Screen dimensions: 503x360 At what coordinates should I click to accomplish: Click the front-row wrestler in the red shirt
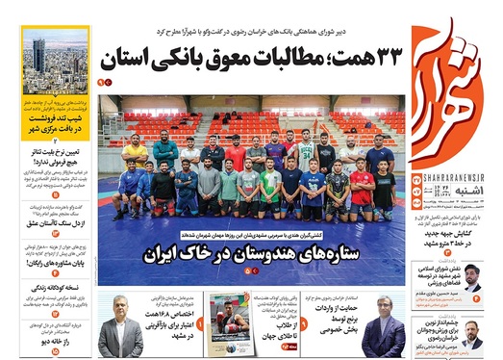tap(362, 189)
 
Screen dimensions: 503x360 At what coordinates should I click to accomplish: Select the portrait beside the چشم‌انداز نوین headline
tap(471, 332)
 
